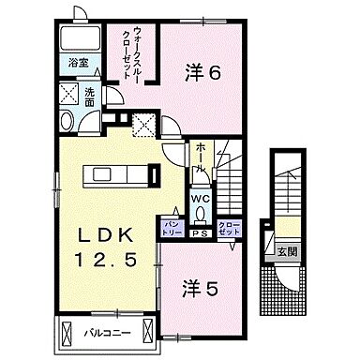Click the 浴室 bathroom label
click(77, 65)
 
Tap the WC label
click(201, 198)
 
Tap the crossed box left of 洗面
click(68, 93)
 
